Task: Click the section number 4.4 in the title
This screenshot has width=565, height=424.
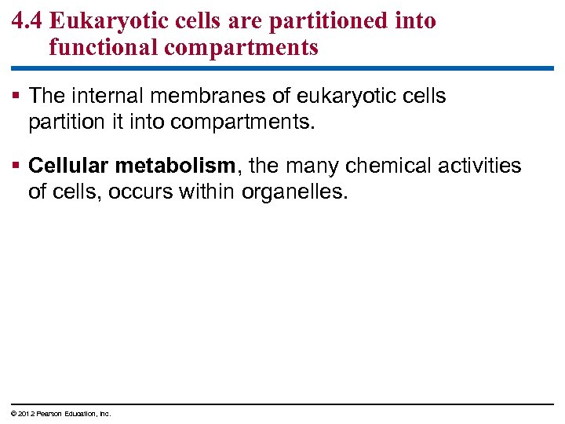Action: point(27,21)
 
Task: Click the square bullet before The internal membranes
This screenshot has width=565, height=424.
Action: point(17,97)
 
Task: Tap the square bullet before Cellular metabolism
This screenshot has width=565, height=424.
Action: point(17,166)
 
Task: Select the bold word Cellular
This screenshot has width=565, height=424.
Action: point(65,166)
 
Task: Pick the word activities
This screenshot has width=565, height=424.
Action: point(481,166)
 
